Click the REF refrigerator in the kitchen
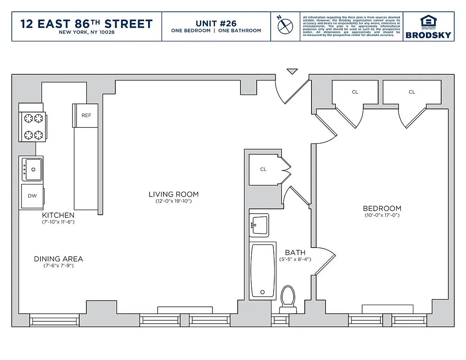pos(86,116)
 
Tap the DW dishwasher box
pos(32,196)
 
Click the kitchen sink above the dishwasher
pos(32,169)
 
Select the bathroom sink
pos(259,224)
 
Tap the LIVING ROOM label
pos(173,194)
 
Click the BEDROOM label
pos(382,208)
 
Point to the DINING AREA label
pos(59,259)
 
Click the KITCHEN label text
pos(58,216)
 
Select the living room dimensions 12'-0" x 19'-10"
pos(173,201)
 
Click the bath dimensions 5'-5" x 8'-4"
pos(295,259)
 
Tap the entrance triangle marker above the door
pos(292,71)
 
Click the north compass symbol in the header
pos(285,26)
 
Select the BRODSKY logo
pos(428,27)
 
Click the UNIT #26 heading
pos(216,23)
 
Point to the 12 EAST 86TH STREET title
pos(86,23)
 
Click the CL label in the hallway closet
pos(263,169)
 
